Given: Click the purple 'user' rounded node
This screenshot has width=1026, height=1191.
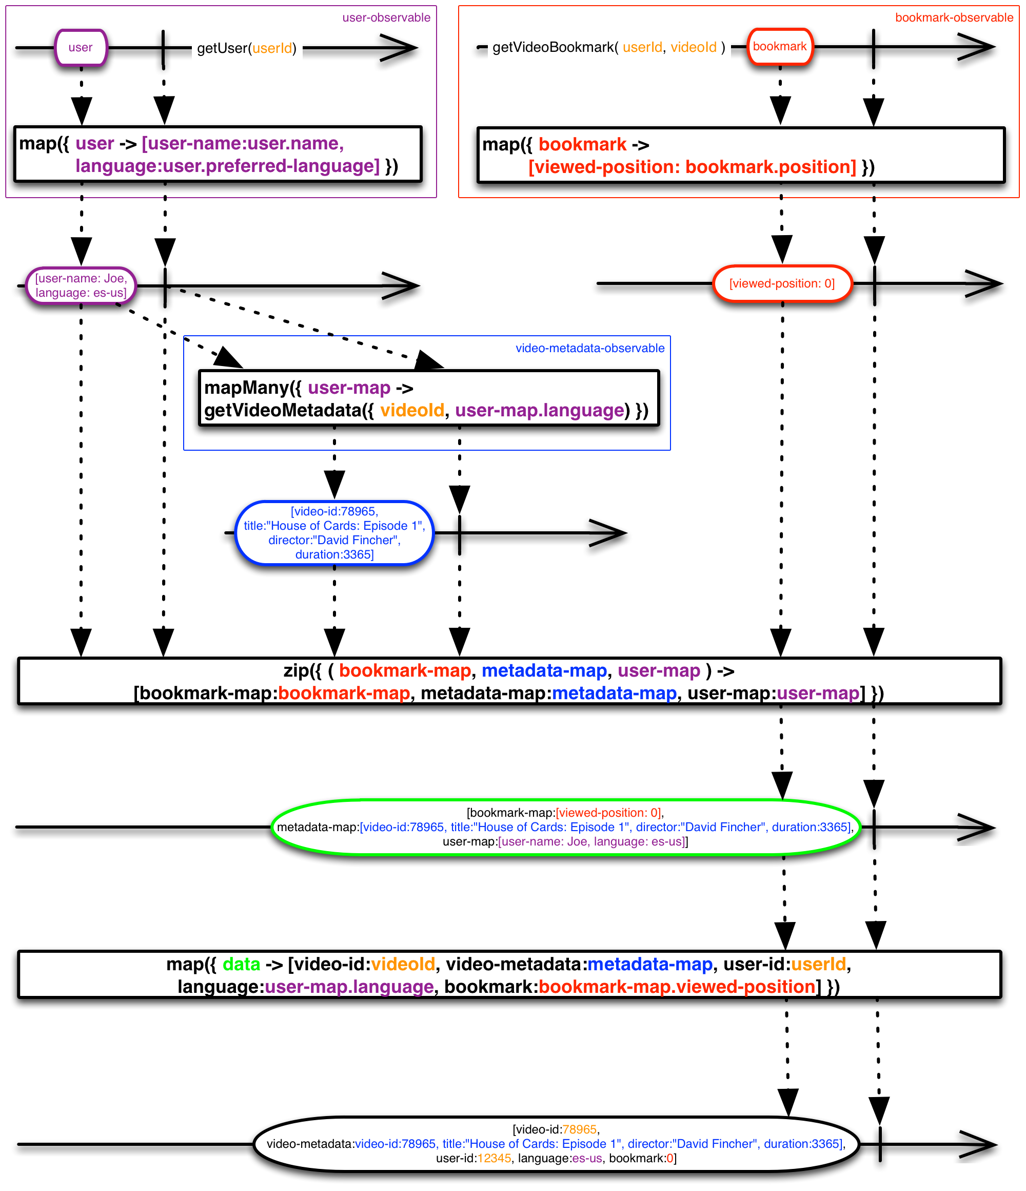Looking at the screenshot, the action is [x=81, y=48].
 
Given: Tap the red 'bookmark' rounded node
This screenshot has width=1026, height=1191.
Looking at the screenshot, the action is [x=780, y=47].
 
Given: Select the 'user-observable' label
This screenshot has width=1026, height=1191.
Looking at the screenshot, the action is [x=386, y=18].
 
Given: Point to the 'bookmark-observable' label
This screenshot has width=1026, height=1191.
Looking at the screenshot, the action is [x=954, y=18].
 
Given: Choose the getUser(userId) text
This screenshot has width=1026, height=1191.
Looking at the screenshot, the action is [x=246, y=48].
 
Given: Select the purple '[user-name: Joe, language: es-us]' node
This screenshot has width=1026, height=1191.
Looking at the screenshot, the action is [x=81, y=285].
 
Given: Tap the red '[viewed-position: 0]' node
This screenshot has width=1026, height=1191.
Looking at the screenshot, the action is [x=782, y=283].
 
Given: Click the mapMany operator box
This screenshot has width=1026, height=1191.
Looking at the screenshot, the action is [x=428, y=398].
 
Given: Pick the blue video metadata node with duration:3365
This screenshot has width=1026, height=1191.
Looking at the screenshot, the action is [x=334, y=533].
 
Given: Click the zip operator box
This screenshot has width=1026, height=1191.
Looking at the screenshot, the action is [x=509, y=681].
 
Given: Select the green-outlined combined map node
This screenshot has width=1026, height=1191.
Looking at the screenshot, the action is [x=565, y=827].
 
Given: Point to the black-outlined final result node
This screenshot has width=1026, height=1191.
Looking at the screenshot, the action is [x=556, y=1144].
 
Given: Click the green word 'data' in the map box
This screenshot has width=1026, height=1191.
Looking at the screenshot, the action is [x=241, y=964].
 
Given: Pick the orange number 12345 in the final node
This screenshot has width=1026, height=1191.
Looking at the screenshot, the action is [x=494, y=1158].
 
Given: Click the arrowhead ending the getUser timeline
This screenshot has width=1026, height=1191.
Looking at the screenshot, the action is [x=399, y=48].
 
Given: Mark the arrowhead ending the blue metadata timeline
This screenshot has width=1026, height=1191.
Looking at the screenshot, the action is [x=608, y=533].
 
